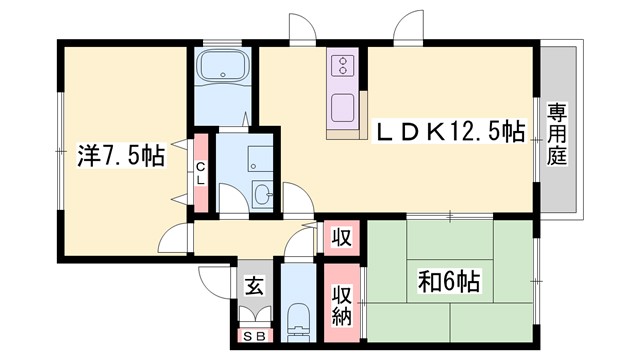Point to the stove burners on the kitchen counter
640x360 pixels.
(342, 66)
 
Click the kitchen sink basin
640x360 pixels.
(342, 105)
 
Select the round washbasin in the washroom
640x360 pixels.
(262, 194)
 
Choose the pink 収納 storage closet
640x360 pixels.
(340, 300)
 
